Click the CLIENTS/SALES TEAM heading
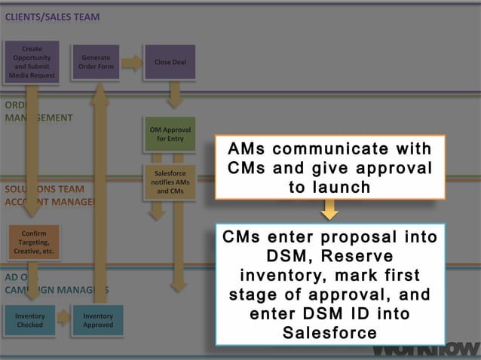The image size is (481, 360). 53,17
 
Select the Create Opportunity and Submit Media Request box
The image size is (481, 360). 31,62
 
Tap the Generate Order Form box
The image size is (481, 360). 96,62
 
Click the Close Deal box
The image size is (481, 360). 170,62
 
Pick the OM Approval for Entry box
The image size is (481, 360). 170,134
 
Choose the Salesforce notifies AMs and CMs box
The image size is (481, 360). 170,182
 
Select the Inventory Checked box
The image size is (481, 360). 30,320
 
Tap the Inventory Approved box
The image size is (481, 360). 98,320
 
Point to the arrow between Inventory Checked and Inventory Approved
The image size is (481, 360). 64,319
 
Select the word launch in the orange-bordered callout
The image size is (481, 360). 329,187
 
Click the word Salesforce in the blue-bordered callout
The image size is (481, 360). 329,332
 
